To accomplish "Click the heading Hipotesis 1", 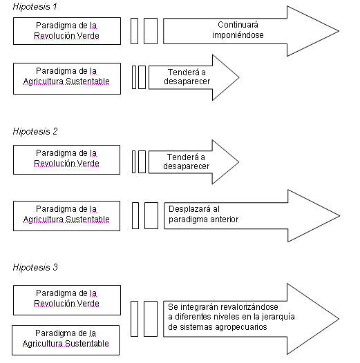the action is click(x=35, y=6).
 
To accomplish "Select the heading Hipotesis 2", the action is click(x=35, y=132).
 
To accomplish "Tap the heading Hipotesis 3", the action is click(x=35, y=267).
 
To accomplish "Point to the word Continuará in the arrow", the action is click(x=238, y=25).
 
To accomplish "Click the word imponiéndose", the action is click(x=238, y=35).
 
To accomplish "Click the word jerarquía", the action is click(x=278, y=317).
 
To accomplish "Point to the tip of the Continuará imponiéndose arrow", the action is click(x=339, y=31).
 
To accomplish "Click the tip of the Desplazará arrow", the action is click(x=339, y=216).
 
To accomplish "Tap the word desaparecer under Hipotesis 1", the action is click(x=187, y=81).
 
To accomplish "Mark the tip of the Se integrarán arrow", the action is click(x=339, y=319).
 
